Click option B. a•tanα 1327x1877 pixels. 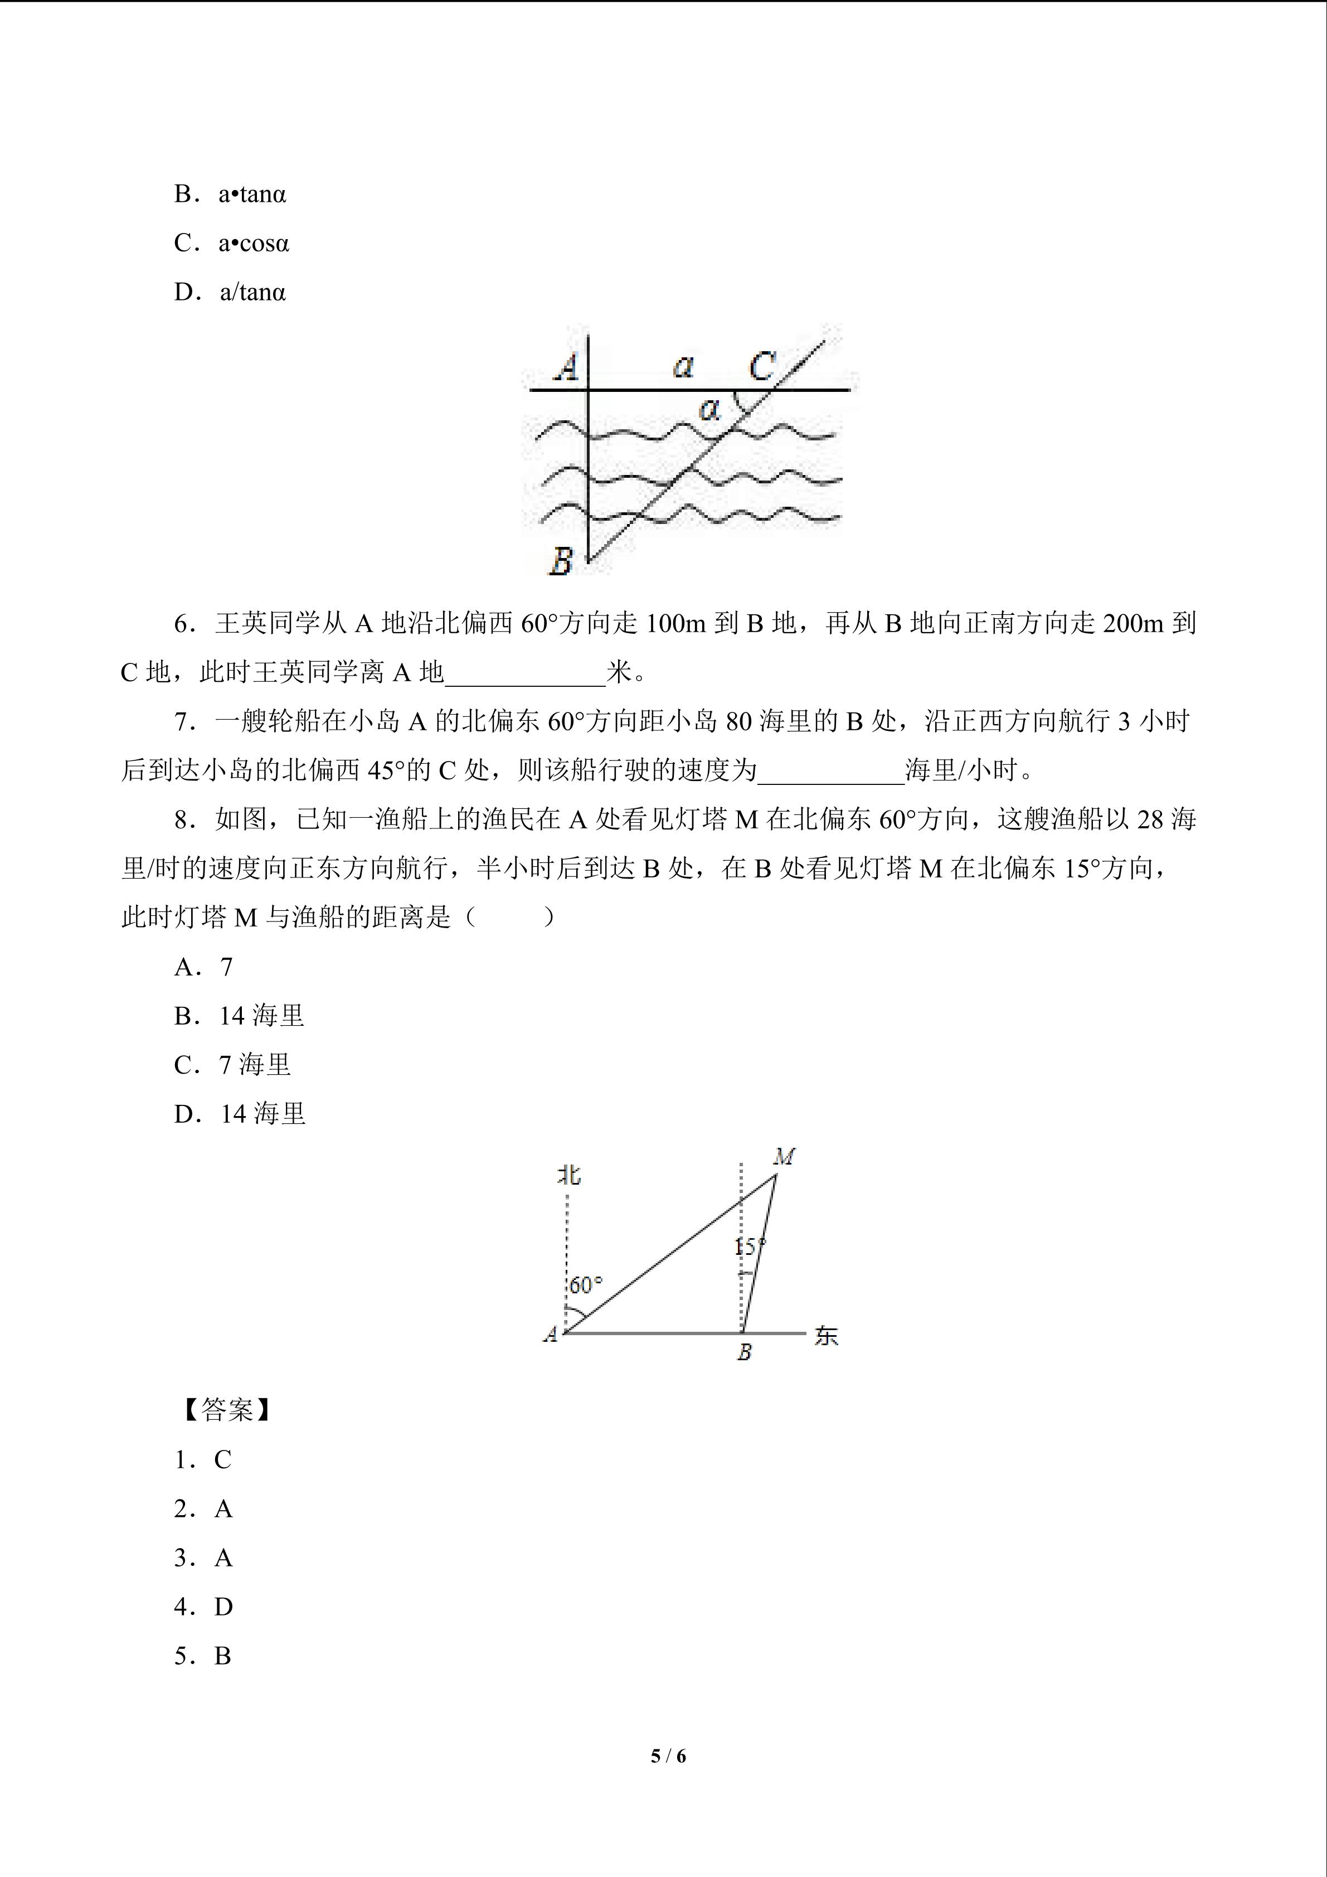tap(230, 195)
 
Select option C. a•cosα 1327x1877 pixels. tap(231, 244)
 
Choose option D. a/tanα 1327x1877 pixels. tap(230, 293)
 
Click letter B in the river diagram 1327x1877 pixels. tap(561, 561)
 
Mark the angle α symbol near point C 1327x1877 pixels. tap(710, 409)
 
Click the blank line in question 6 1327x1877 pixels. tap(524, 673)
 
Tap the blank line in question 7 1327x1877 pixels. tap(830, 772)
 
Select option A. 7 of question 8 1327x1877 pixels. tap(205, 967)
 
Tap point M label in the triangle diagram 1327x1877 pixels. tap(784, 1157)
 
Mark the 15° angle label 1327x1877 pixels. tap(749, 1247)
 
